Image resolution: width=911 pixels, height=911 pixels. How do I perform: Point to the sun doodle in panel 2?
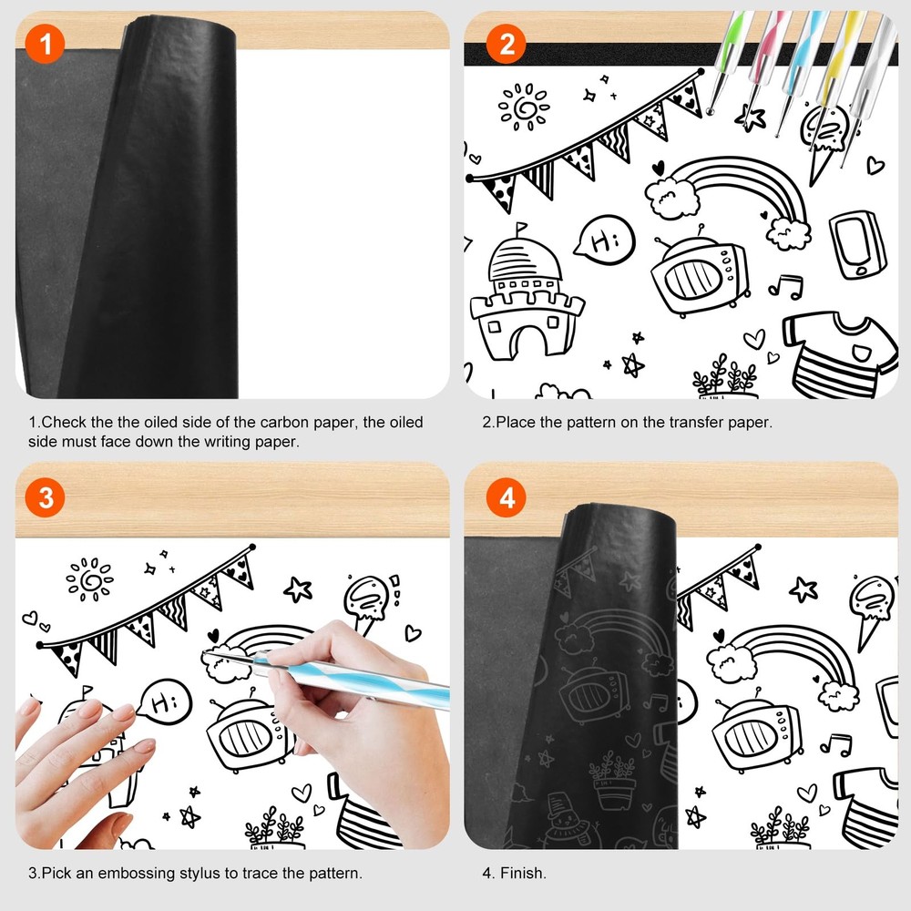pos(523,107)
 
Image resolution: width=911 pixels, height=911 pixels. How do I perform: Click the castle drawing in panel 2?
pos(526,301)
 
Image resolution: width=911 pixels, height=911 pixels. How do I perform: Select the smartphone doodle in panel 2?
pos(857,243)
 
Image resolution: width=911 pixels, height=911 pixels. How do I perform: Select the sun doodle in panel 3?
pos(88,578)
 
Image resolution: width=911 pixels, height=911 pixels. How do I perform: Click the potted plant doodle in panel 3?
pos(274,829)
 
